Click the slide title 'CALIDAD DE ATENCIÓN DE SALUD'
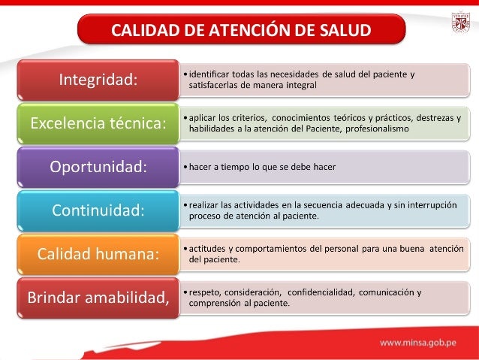click(241, 31)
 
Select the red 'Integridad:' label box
click(98, 80)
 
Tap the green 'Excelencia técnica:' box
click(98, 123)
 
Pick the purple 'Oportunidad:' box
click(98, 166)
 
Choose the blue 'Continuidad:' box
click(98, 210)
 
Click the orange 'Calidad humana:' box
click(98, 253)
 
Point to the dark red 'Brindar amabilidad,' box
click(98, 297)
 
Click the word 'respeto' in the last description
click(204, 292)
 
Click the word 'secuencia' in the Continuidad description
click(310, 204)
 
